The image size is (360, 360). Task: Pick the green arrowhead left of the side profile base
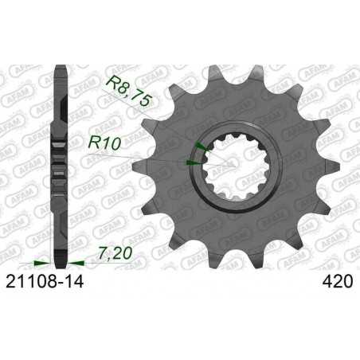(x=41, y=260)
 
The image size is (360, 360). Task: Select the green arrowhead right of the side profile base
(x=74, y=260)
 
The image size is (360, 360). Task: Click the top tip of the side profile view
(x=58, y=65)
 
